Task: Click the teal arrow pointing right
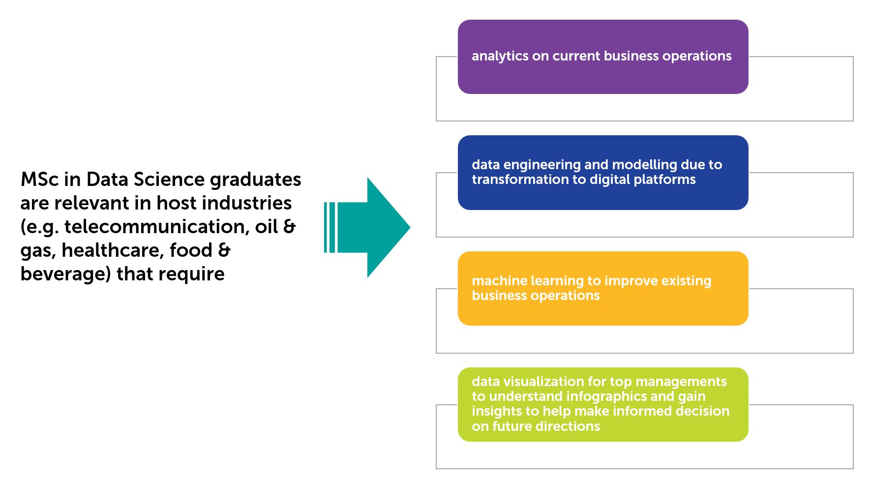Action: (374, 227)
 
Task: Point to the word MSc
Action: (39, 180)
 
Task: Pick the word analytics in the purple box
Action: (500, 57)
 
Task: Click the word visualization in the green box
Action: (543, 382)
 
